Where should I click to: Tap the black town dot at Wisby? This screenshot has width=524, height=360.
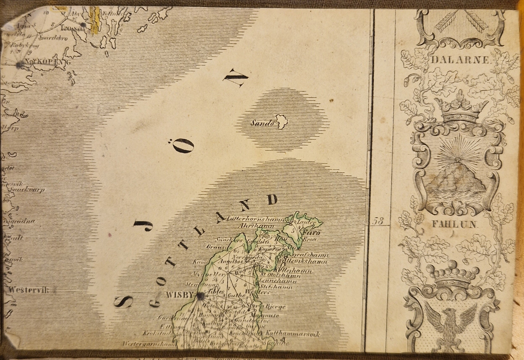tap(200, 297)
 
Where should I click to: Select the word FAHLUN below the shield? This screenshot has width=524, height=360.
tap(455, 225)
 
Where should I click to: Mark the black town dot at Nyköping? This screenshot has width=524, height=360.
tap(20, 65)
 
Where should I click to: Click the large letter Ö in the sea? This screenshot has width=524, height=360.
tap(183, 146)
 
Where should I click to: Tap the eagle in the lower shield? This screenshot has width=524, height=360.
tap(451, 325)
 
